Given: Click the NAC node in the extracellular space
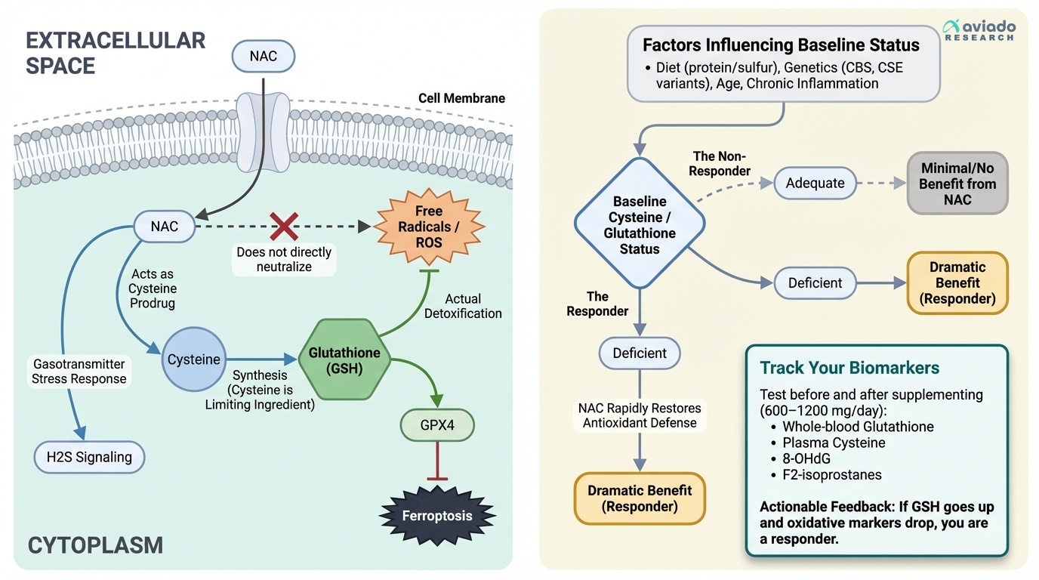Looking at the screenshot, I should click(263, 57).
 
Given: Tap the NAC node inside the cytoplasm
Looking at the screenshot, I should click(165, 226).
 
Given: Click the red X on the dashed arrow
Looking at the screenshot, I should click(284, 226).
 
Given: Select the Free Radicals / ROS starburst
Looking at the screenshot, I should click(428, 227).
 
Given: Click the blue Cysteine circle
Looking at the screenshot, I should click(194, 359).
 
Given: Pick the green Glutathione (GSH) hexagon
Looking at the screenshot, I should click(344, 360).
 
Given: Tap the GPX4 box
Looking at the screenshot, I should click(437, 425).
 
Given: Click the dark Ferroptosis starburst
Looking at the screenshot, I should click(437, 516).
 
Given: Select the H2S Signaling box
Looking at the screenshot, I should click(89, 456).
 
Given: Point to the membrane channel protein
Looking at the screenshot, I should click(263, 131).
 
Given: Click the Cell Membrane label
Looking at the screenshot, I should click(461, 98).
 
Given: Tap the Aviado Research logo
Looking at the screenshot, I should click(979, 31).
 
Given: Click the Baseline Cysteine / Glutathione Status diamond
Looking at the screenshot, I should click(640, 224).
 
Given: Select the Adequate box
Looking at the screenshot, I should click(815, 183).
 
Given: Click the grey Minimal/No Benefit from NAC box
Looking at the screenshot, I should click(957, 184).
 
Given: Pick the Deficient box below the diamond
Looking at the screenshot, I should click(640, 353).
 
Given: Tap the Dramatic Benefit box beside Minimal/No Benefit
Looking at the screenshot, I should click(957, 282).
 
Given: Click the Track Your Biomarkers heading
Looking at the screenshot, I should click(849, 368).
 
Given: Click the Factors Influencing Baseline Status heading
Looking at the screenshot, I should click(781, 45).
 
